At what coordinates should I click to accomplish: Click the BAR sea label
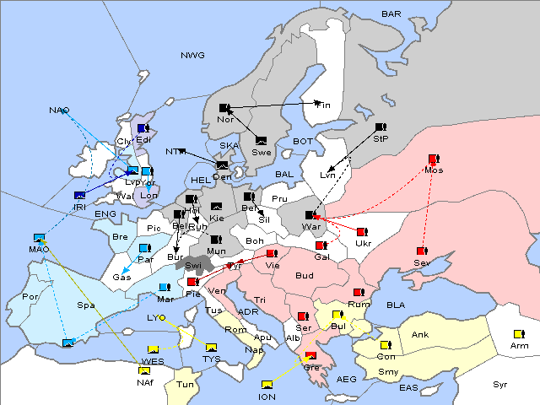(391, 14)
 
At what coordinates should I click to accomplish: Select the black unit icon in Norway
(224, 107)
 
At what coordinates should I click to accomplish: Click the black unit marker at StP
(380, 127)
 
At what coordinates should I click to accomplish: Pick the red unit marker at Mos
(434, 159)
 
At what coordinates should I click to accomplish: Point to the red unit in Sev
(421, 251)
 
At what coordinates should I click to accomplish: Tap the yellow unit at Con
(386, 345)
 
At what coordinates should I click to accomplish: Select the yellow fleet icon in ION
(267, 386)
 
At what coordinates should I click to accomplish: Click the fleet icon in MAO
(38, 238)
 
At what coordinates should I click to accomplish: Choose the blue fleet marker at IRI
(80, 196)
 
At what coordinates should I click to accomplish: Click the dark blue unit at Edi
(143, 128)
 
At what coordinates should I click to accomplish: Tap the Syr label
(500, 384)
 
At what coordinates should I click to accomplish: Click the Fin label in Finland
(324, 105)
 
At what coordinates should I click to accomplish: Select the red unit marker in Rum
(359, 293)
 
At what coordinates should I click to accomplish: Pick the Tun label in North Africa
(185, 384)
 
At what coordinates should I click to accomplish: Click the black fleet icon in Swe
(262, 140)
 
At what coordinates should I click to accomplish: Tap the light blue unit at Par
(144, 248)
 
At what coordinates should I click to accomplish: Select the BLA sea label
(396, 304)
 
